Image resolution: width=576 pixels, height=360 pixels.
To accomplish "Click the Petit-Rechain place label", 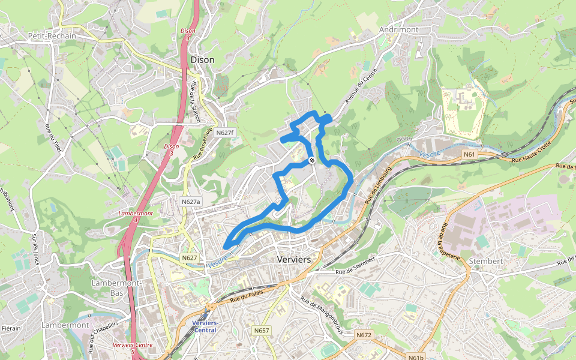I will tap(52, 35).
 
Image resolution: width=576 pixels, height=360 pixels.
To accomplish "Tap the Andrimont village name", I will tap(400, 29).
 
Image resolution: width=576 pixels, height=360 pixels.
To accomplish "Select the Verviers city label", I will tap(294, 259).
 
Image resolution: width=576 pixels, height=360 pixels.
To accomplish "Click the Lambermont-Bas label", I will tap(116, 287).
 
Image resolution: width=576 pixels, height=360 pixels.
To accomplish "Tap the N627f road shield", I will tap(226, 133).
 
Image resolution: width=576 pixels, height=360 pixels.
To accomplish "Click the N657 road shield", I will tap(262, 331).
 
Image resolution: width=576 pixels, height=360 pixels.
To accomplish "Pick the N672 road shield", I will tap(364, 335).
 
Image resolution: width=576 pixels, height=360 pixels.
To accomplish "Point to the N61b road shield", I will tap(416, 358).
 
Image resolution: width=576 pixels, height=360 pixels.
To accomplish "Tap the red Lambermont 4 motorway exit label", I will tap(136, 217).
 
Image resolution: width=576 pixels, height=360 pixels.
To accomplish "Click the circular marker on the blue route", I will tap(311, 161).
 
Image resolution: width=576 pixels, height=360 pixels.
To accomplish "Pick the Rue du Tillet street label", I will tap(54, 139).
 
